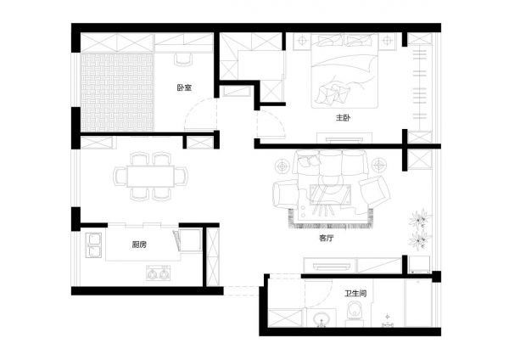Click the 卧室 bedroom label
[x=184, y=87]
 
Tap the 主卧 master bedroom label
[x=343, y=117]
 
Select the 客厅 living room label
[x=327, y=238]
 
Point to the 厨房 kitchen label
[x=140, y=245]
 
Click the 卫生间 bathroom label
[x=355, y=294]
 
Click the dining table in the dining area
[x=151, y=176]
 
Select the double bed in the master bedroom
[x=344, y=70]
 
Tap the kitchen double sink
[x=93, y=245]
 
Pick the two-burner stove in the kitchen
[x=158, y=273]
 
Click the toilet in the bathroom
[x=354, y=312]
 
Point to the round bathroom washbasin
[x=321, y=318]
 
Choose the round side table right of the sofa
[x=379, y=166]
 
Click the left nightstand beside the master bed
[x=302, y=42]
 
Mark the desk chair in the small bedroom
[x=183, y=59]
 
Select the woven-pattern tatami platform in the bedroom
[x=117, y=93]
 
